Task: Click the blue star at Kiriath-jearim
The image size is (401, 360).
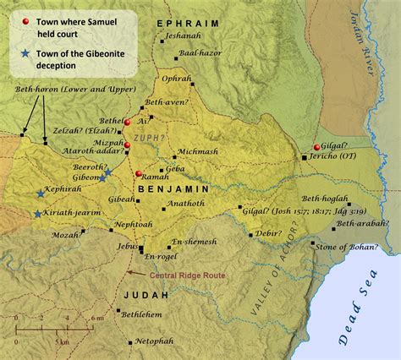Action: click(x=37, y=214)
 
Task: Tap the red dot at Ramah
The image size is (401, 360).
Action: click(x=138, y=174)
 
